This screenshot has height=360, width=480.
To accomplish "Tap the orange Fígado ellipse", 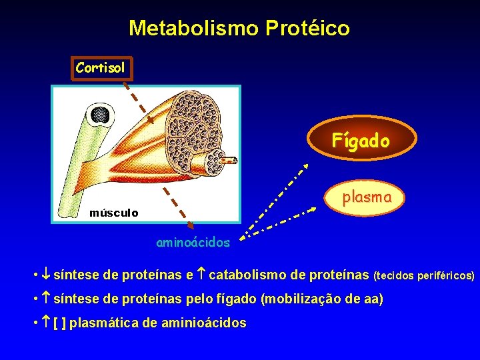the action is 361,141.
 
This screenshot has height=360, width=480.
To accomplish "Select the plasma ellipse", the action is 366,197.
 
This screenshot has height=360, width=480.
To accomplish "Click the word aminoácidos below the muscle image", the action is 193,243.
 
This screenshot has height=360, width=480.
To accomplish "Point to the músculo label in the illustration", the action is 114,213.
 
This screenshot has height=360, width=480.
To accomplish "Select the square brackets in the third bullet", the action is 59,323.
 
